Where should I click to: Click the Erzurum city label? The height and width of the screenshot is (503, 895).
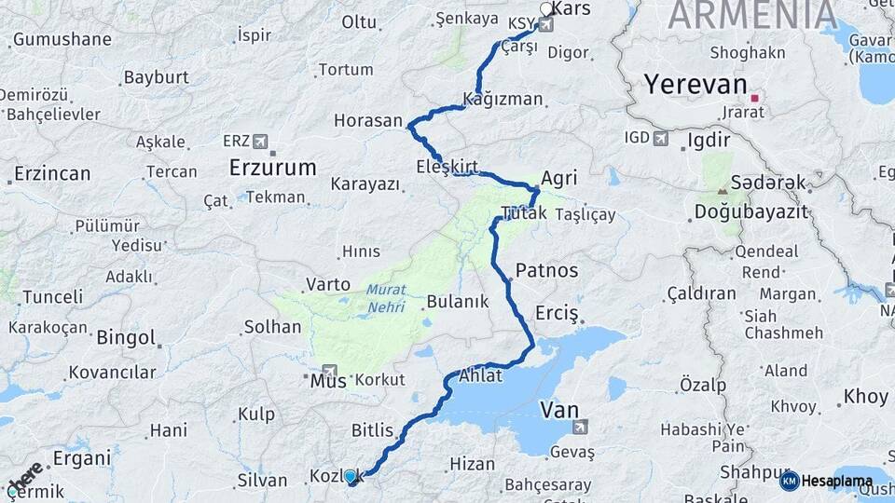point(272,168)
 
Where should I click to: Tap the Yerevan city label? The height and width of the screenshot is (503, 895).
point(695,87)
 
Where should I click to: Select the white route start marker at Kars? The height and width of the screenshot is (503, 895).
point(546,9)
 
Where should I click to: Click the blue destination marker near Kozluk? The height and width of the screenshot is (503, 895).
point(351,477)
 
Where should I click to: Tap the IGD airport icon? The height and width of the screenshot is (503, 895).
point(661,139)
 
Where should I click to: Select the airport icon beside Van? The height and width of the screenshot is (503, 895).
point(580,427)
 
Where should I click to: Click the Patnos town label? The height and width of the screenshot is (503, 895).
point(546,271)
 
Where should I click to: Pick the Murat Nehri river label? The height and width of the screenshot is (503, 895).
point(385,297)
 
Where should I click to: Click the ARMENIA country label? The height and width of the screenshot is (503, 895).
point(751,15)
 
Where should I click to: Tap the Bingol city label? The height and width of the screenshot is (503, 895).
point(126,336)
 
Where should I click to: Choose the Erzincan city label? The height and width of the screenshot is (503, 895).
point(52,174)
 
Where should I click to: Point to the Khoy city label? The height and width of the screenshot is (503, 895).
point(865,397)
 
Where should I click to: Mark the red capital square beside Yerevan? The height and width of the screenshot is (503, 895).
point(755,96)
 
